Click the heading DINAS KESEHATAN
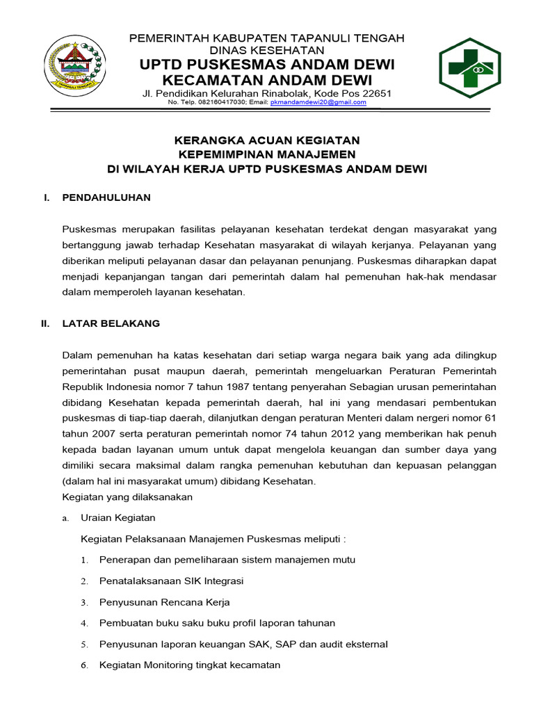click(267, 50)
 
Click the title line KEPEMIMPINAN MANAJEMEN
click(267, 154)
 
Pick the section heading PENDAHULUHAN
click(106, 198)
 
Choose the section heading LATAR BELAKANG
click(111, 323)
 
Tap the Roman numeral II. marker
click(46, 323)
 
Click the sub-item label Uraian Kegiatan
click(118, 518)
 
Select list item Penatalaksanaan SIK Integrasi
click(171, 581)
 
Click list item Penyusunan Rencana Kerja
click(164, 602)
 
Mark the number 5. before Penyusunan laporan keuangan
click(84, 645)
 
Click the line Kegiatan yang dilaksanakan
click(127, 497)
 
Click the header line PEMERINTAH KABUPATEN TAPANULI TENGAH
click(267, 38)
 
